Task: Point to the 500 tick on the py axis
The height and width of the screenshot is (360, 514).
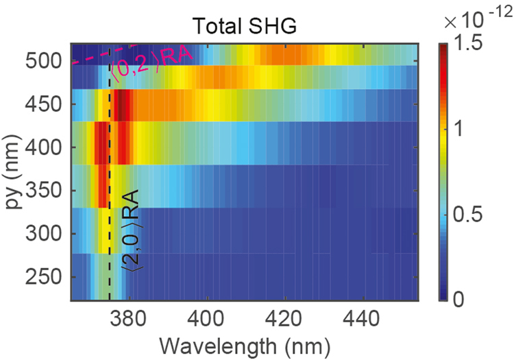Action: (47, 61)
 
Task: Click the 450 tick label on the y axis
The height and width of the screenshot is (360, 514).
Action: (47, 104)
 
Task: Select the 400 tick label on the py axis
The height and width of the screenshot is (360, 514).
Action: (47, 147)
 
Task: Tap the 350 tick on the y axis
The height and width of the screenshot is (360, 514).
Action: (47, 191)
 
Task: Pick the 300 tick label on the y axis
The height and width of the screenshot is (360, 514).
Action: (47, 234)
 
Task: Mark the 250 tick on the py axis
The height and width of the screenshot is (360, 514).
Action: (47, 277)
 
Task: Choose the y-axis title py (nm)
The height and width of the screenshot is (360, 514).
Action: (15, 171)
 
